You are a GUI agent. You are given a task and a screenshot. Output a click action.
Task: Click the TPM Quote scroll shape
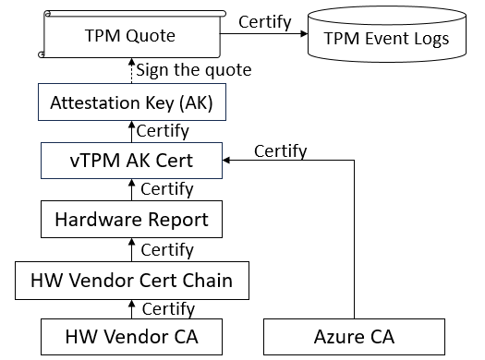click(x=129, y=38)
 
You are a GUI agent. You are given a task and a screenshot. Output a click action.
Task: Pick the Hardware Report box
click(x=130, y=220)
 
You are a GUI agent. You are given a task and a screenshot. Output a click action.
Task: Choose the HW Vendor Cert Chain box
click(x=132, y=280)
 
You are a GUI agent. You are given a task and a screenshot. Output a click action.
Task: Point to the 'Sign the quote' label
click(x=193, y=70)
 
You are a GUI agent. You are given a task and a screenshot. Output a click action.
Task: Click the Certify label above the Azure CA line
click(x=280, y=150)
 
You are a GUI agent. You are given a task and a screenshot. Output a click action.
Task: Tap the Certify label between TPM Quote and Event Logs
click(x=264, y=20)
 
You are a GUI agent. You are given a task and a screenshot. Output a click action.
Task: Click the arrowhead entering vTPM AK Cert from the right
click(x=228, y=160)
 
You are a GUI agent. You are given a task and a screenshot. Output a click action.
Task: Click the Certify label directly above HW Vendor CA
click(x=167, y=308)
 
